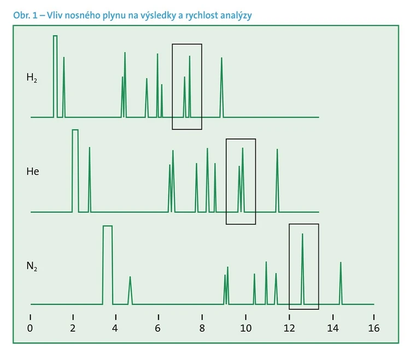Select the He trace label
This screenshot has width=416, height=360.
coord(33,172)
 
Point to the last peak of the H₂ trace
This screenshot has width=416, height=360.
coord(221,82)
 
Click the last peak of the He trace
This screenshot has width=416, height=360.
coord(277,175)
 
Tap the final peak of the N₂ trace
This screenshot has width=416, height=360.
coord(341,279)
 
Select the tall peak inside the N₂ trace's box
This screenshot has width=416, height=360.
coord(302,263)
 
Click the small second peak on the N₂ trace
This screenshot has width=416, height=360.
coord(130,287)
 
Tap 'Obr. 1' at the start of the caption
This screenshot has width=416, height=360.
coord(24,15)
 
